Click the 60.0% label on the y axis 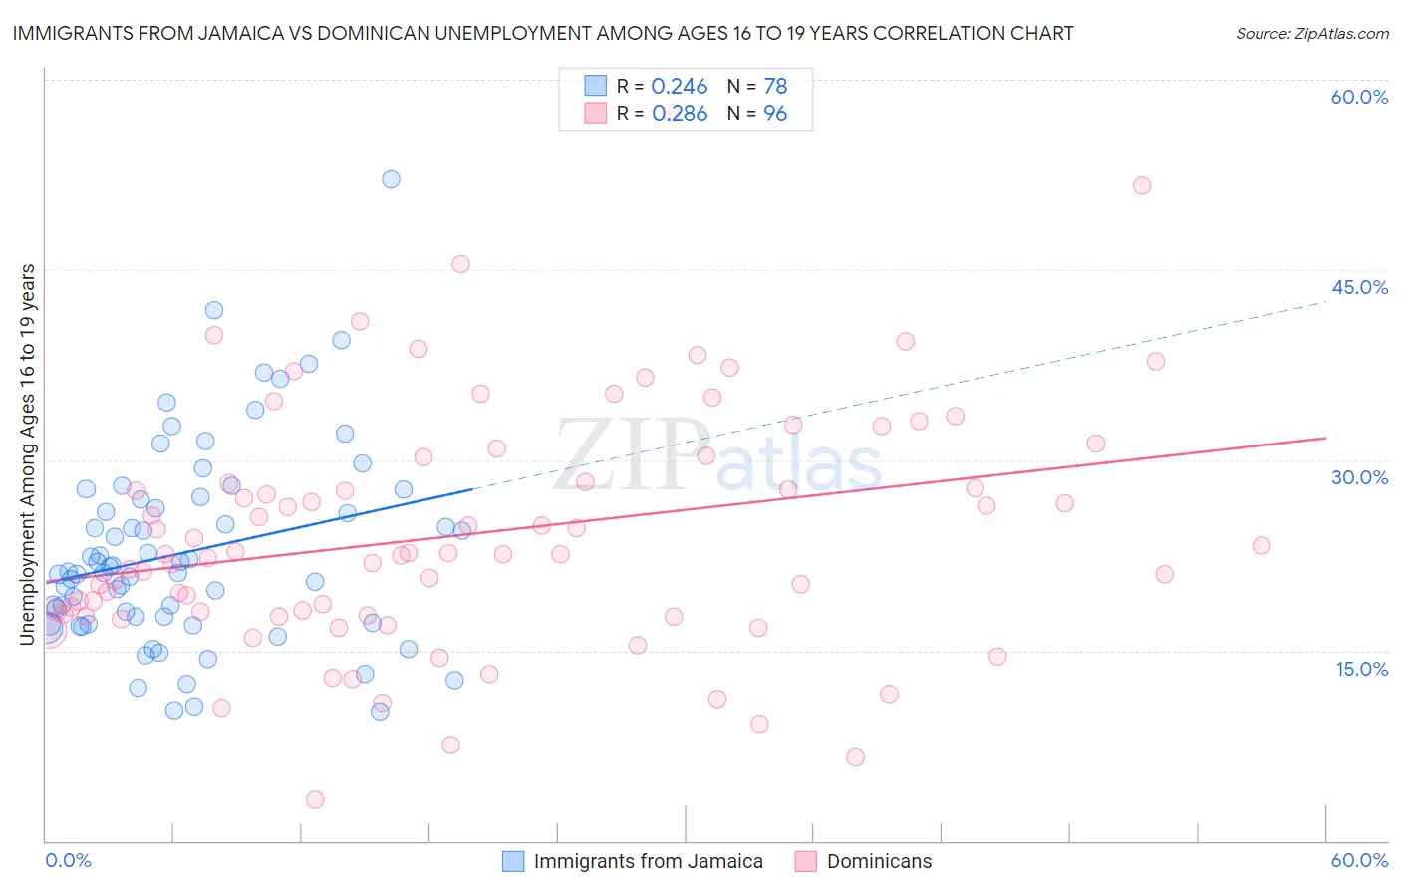[1359, 98]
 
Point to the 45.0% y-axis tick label [1359, 288]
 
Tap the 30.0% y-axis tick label [1359, 478]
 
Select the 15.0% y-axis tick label [1361, 669]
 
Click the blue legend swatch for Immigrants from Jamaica [512, 862]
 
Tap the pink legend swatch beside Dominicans [805, 862]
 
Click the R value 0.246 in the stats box [679, 87]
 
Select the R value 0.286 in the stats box [679, 114]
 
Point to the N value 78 [775, 87]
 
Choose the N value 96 [775, 114]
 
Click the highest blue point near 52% [391, 179]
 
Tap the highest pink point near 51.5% [1142, 185]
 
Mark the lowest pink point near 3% [315, 799]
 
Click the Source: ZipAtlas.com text [1311, 34]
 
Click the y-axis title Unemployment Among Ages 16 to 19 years [28, 454]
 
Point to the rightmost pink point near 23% [1261, 545]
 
